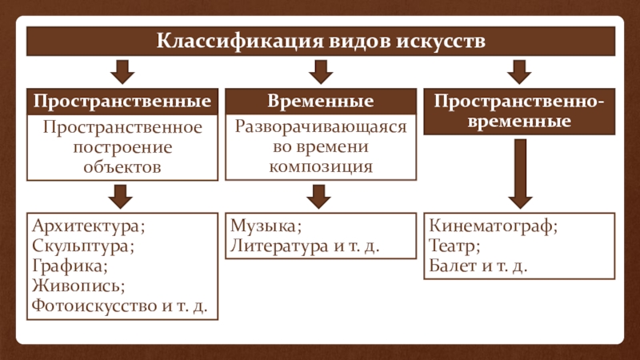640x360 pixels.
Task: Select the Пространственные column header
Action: click(x=122, y=102)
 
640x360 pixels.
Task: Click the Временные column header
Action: click(x=321, y=102)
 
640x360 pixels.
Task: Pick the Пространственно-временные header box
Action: click(x=519, y=112)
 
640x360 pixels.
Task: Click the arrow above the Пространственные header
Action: click(x=122, y=72)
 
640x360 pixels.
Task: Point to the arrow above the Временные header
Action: click(x=321, y=72)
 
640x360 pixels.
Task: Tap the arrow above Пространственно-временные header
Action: click(x=519, y=72)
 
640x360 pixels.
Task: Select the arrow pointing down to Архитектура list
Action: click(x=122, y=195)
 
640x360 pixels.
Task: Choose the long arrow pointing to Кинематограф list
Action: click(x=519, y=172)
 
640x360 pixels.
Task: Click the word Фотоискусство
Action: click(x=94, y=304)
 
